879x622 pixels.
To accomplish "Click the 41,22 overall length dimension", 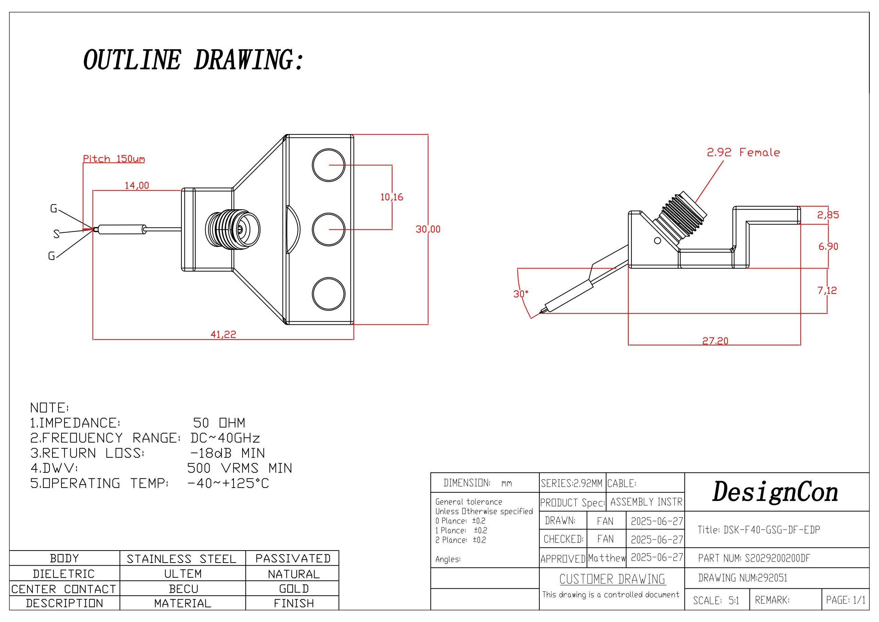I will click(223, 334).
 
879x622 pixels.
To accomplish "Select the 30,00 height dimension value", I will click(428, 229).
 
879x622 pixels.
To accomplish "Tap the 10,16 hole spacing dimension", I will click(392, 197).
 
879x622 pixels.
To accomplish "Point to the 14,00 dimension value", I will click(137, 186).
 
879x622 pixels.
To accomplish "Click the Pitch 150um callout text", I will click(114, 159).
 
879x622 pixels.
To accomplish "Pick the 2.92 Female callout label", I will click(743, 153).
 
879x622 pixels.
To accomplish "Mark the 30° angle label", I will click(521, 294).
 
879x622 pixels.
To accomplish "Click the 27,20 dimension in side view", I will click(715, 340).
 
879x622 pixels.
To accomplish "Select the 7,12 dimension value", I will click(827, 290).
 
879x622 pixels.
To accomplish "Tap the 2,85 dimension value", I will click(828, 215).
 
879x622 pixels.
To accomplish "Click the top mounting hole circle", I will click(329, 165).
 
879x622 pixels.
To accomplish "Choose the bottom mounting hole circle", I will click(329, 294).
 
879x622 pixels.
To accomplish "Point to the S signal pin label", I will click(56, 233).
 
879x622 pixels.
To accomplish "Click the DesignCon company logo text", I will click(775, 492).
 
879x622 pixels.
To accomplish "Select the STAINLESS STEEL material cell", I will click(182, 559).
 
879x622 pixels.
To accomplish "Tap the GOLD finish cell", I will click(294, 589).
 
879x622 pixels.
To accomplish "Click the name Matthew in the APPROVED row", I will click(606, 558).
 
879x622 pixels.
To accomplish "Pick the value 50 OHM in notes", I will click(219, 423).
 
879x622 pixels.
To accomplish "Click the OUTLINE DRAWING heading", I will click(193, 60).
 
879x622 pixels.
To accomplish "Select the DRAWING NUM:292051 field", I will click(743, 578).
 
